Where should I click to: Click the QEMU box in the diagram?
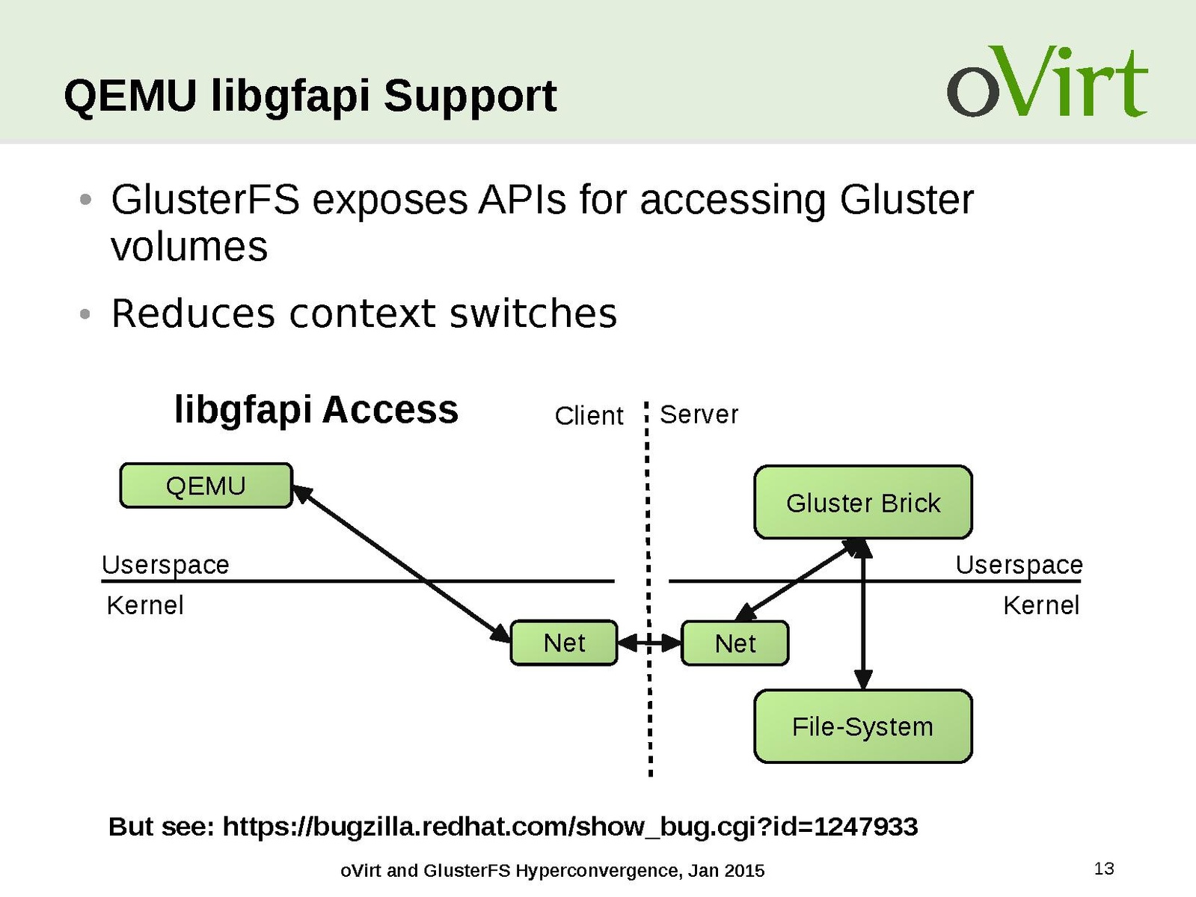coord(206,486)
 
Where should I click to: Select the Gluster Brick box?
coord(862,502)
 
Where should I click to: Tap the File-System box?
coord(862,726)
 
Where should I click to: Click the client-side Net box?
coord(564,643)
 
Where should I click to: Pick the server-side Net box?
coord(735,643)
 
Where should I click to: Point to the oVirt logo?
coord(1046,82)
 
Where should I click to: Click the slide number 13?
coord(1104,869)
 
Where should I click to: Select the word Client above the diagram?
coord(589,415)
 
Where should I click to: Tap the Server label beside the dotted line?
coord(699,414)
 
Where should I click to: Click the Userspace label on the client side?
coord(165,564)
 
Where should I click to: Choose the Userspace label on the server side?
coord(1019,564)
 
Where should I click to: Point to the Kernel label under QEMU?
coord(145,604)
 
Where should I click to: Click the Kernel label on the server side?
coord(1040,604)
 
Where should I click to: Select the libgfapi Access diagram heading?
coord(316,409)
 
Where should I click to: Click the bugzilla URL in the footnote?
coord(570,827)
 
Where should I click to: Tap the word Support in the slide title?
coord(470,96)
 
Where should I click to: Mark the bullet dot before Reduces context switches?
coord(85,314)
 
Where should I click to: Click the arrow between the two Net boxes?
coord(649,643)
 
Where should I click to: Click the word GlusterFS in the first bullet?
coord(205,200)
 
